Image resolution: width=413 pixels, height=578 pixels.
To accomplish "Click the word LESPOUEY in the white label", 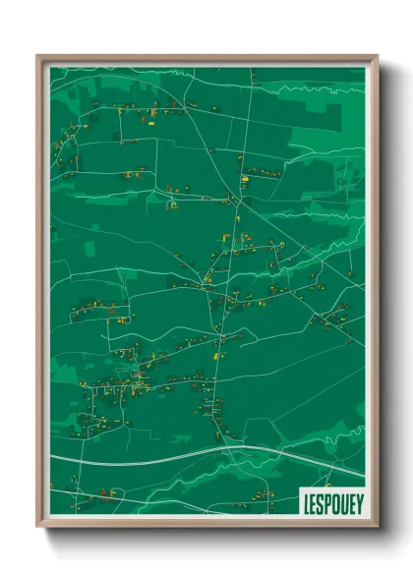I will tap(330, 500).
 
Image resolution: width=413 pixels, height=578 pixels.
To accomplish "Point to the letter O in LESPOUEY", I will tap(334, 500).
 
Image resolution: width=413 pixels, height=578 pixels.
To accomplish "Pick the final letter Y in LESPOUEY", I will tap(357, 500).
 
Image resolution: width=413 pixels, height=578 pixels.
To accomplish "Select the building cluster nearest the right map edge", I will tap(332, 318).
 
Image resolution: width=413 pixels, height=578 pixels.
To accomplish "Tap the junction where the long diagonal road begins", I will tap(236, 201).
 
